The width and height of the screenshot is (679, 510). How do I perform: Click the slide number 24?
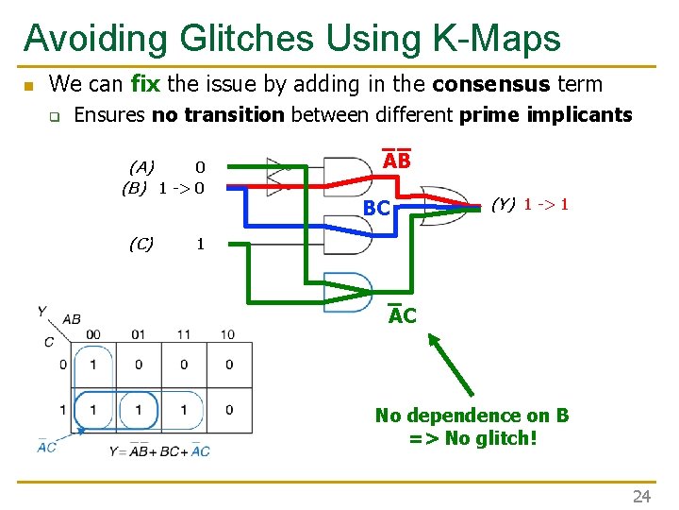[x=641, y=496]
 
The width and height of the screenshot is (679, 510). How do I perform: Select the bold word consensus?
[x=490, y=84]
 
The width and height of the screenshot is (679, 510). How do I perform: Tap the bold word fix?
[x=145, y=84]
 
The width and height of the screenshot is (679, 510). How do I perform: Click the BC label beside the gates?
[x=377, y=208]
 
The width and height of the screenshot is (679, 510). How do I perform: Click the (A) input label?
[x=141, y=167]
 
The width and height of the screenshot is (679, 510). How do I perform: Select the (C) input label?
[x=141, y=244]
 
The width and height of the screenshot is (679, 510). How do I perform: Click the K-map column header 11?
[x=183, y=334]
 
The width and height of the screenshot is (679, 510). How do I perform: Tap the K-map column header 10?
[x=227, y=334]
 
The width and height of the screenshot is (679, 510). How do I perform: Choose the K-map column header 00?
[x=92, y=334]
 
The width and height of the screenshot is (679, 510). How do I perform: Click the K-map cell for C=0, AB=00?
[x=92, y=365]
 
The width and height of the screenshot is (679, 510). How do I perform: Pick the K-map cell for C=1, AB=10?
[x=228, y=410]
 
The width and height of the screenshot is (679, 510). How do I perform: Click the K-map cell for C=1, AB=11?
[x=183, y=410]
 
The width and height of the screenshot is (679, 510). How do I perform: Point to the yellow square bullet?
[x=28, y=86]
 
